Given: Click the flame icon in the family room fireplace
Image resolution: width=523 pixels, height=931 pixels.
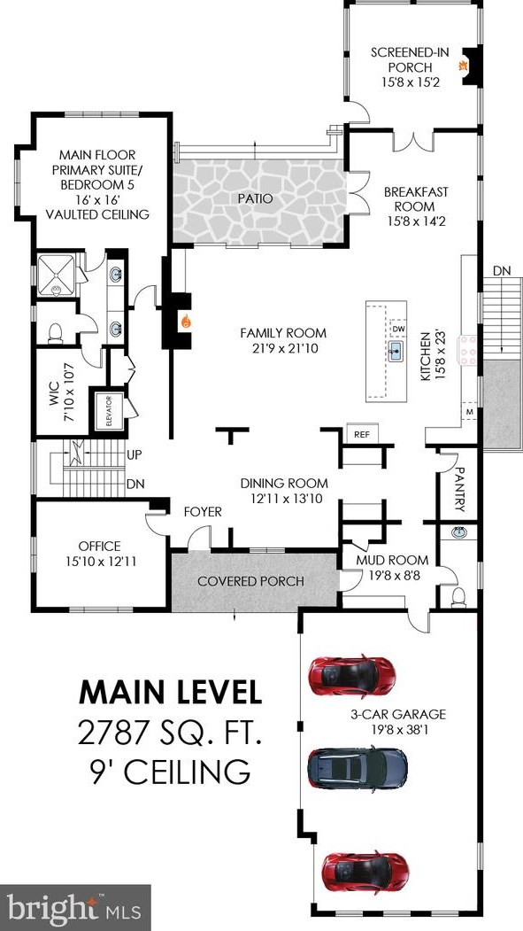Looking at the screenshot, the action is (x=186, y=322).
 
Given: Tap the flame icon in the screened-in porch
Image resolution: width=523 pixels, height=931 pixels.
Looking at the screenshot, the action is (x=460, y=66).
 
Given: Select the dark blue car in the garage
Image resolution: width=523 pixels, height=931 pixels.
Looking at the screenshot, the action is (x=357, y=768).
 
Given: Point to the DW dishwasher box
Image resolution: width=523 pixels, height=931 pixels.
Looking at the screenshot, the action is (x=398, y=329).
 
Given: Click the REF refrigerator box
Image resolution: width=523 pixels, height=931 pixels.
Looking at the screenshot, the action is (x=362, y=434).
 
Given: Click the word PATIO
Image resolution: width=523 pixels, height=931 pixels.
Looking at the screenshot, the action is (x=257, y=199).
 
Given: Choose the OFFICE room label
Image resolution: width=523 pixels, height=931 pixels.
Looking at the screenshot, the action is (x=100, y=547).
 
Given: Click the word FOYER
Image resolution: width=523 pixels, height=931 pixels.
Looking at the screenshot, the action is (x=202, y=512).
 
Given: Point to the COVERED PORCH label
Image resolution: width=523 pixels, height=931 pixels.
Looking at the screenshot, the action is (x=250, y=581).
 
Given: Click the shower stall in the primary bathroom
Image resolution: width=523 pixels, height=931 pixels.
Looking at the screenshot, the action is (x=57, y=275).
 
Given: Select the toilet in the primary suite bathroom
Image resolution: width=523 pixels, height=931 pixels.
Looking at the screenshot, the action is (x=55, y=333).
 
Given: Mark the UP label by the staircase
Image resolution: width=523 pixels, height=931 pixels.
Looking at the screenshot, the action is (x=134, y=455).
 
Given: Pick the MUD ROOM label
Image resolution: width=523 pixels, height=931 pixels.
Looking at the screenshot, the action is (x=392, y=560).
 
